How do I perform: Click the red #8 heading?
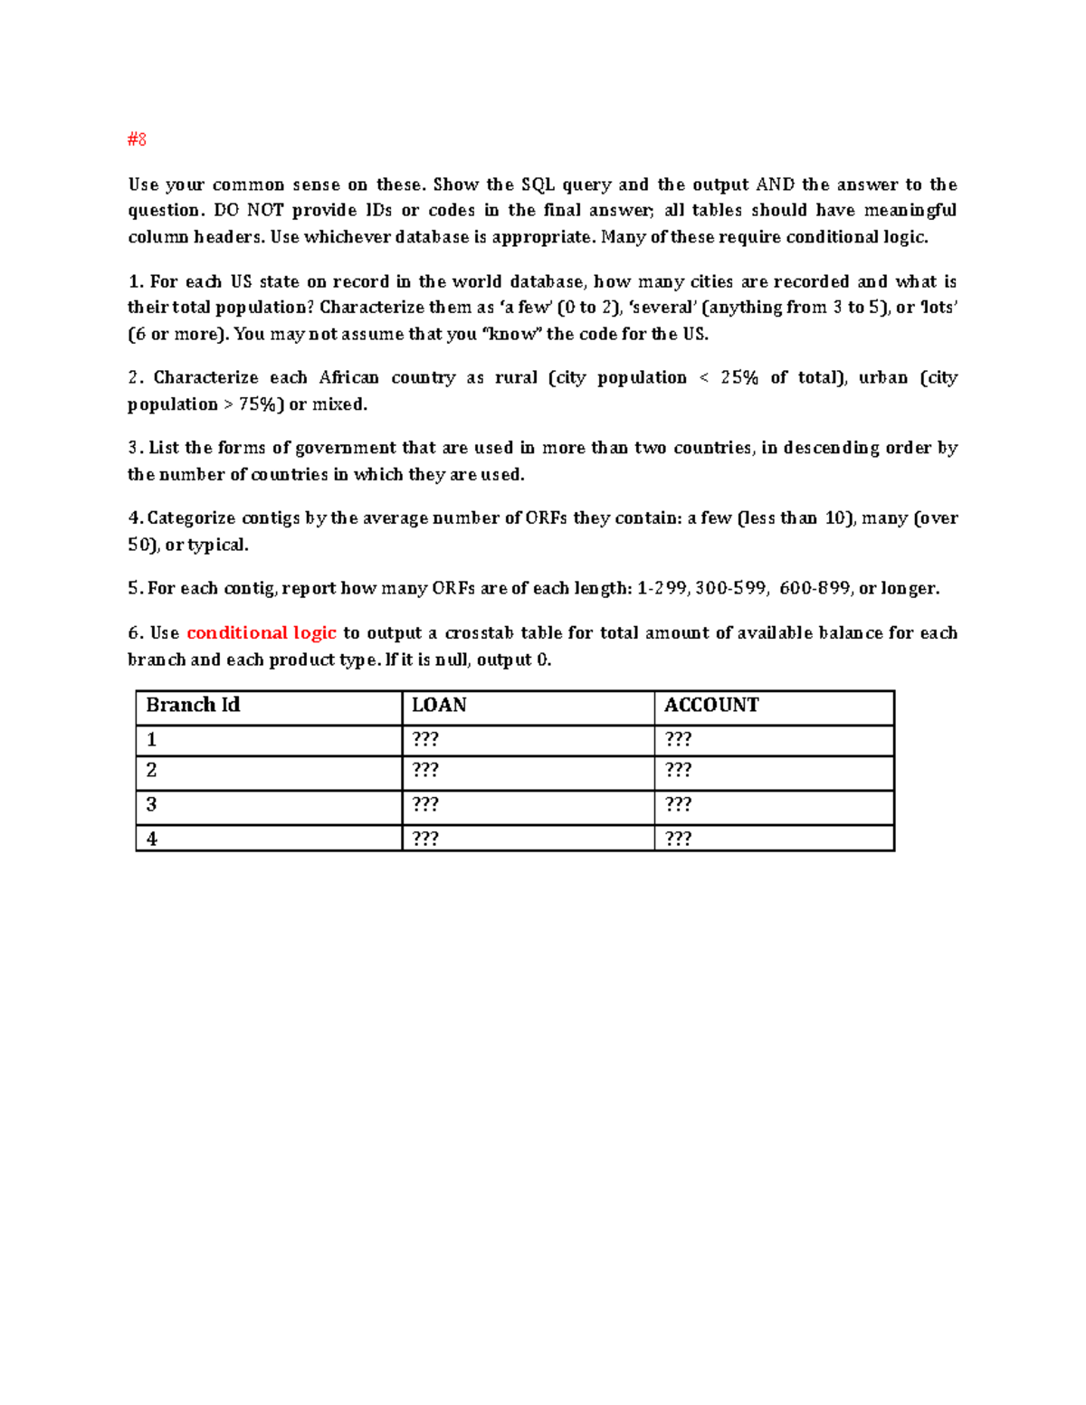pyautogui.click(x=137, y=139)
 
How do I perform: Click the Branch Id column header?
pyautogui.click(x=193, y=706)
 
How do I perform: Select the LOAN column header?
pyautogui.click(x=439, y=706)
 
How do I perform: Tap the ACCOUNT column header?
pyautogui.click(x=711, y=706)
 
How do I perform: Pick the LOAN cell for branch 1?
pyautogui.click(x=425, y=740)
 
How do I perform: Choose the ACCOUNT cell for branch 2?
pyautogui.click(x=678, y=771)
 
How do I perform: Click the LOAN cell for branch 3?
pyautogui.click(x=425, y=805)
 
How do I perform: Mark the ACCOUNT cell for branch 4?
pyautogui.click(x=678, y=839)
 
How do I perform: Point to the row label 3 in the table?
pyautogui.click(x=151, y=805)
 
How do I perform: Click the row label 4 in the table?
pyautogui.click(x=151, y=840)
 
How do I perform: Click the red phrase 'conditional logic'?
pyautogui.click(x=262, y=633)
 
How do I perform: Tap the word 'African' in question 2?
pyautogui.click(x=348, y=378)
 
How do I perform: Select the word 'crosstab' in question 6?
pyautogui.click(x=479, y=633)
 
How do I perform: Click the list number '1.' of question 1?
pyautogui.click(x=136, y=282)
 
